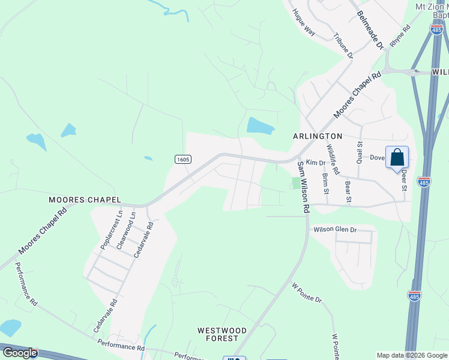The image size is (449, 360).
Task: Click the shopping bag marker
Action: pos(397,158)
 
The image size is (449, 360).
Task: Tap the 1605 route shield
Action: pos(183,159)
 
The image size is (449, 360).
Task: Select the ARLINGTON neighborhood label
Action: pos(318,136)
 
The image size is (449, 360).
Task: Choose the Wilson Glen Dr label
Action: pos(334,230)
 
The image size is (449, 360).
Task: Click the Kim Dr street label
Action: pos(315,163)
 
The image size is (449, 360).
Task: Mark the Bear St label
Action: pos(348,189)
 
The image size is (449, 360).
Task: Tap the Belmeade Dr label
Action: pos(369,29)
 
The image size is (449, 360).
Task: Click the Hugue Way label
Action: pos(303,22)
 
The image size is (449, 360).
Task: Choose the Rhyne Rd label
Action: pos(400,35)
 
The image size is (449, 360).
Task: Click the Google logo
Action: pos(19,353)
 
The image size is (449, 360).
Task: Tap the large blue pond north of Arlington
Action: pos(260,125)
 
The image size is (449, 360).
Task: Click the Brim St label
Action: pos(326,184)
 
